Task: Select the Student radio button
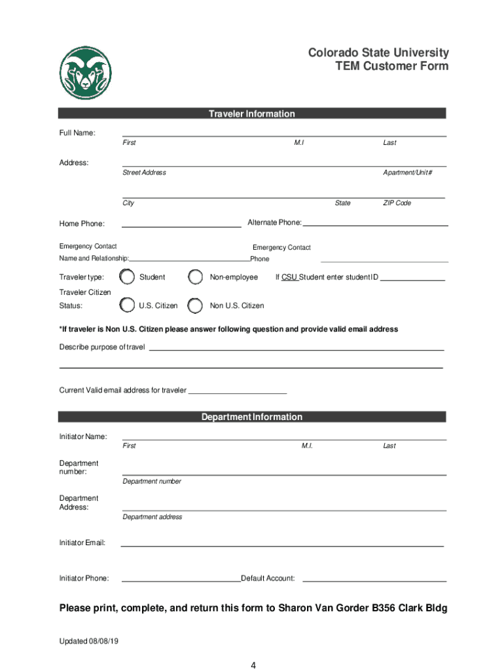click(128, 277)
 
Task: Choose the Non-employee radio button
click(195, 277)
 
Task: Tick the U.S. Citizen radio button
click(128, 305)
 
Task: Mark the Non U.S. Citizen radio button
click(195, 305)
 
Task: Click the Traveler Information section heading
click(252, 114)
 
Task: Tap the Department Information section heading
click(252, 417)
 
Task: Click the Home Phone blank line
click(181, 226)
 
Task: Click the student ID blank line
click(412, 280)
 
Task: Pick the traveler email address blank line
click(238, 393)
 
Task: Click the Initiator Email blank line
click(282, 545)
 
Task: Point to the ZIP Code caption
click(397, 203)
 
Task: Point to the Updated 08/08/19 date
click(89, 640)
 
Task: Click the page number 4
click(253, 666)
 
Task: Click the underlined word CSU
click(289, 277)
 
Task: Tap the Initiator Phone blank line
click(181, 581)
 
